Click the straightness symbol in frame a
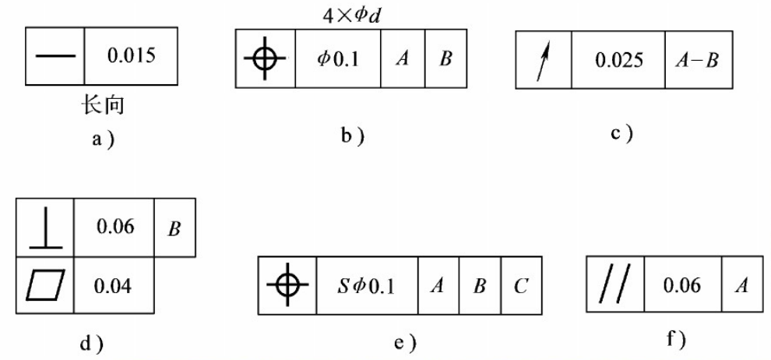pyautogui.click(x=56, y=57)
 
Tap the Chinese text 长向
pyautogui.click(x=104, y=104)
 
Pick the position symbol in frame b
pyautogui.click(x=266, y=59)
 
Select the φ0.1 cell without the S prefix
pyautogui.click(x=338, y=59)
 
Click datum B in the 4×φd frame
pyautogui.click(x=445, y=59)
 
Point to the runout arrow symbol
pyautogui.click(x=544, y=60)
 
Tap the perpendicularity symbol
pyautogui.click(x=44, y=228)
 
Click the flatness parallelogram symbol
pyautogui.click(x=44, y=284)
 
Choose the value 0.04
pyautogui.click(x=114, y=284)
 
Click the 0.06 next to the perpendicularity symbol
pyautogui.click(x=114, y=228)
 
